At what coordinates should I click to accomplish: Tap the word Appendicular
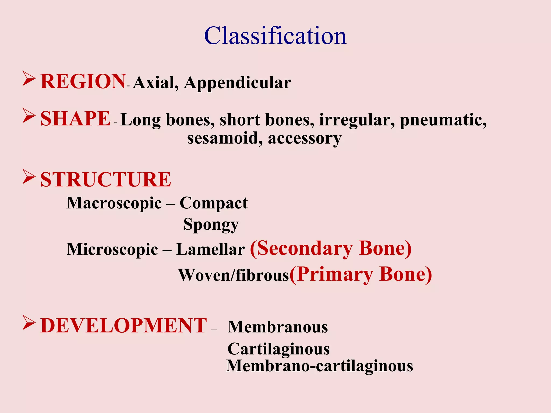pyautogui.click(x=238, y=82)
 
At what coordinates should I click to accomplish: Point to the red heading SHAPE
pyautogui.click(x=75, y=119)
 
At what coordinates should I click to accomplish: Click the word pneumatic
pyautogui.click(x=443, y=120)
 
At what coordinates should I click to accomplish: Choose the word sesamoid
pyautogui.click(x=225, y=138)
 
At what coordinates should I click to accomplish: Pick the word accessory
pyautogui.click(x=305, y=139)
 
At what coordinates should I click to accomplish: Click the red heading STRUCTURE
pyautogui.click(x=105, y=180)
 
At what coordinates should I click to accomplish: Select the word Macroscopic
pyautogui.click(x=114, y=203)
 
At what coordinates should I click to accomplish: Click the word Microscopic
pyautogui.click(x=112, y=249)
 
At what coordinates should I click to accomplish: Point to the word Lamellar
pyautogui.click(x=210, y=249)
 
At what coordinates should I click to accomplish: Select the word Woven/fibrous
pyautogui.click(x=234, y=275)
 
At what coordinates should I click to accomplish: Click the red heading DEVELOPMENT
pyautogui.click(x=123, y=326)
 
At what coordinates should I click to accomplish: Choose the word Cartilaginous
pyautogui.click(x=278, y=349)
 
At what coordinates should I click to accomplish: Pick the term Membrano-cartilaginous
pyautogui.click(x=319, y=366)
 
